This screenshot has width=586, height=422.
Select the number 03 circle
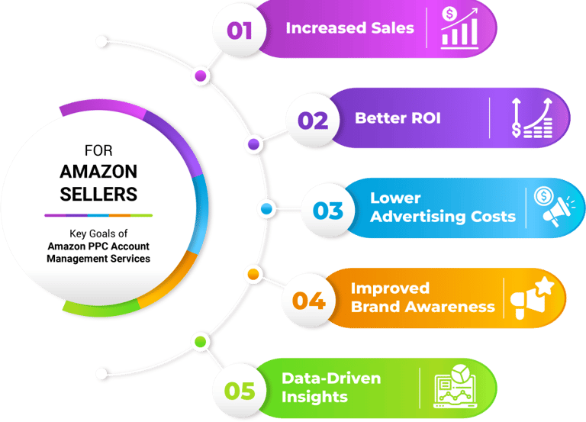[327, 210]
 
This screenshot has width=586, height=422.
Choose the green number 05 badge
[240, 390]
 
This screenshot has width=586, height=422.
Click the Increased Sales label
[349, 28]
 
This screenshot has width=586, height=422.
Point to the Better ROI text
[398, 119]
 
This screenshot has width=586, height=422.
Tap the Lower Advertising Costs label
[443, 207]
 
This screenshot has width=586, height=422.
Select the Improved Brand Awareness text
[422, 298]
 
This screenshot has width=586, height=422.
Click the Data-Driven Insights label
[330, 387]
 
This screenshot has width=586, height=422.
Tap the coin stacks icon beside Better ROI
[533, 120]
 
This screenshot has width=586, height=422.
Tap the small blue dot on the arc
[266, 208]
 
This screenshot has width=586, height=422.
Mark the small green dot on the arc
[200, 341]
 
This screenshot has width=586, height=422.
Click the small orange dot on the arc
[253, 273]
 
